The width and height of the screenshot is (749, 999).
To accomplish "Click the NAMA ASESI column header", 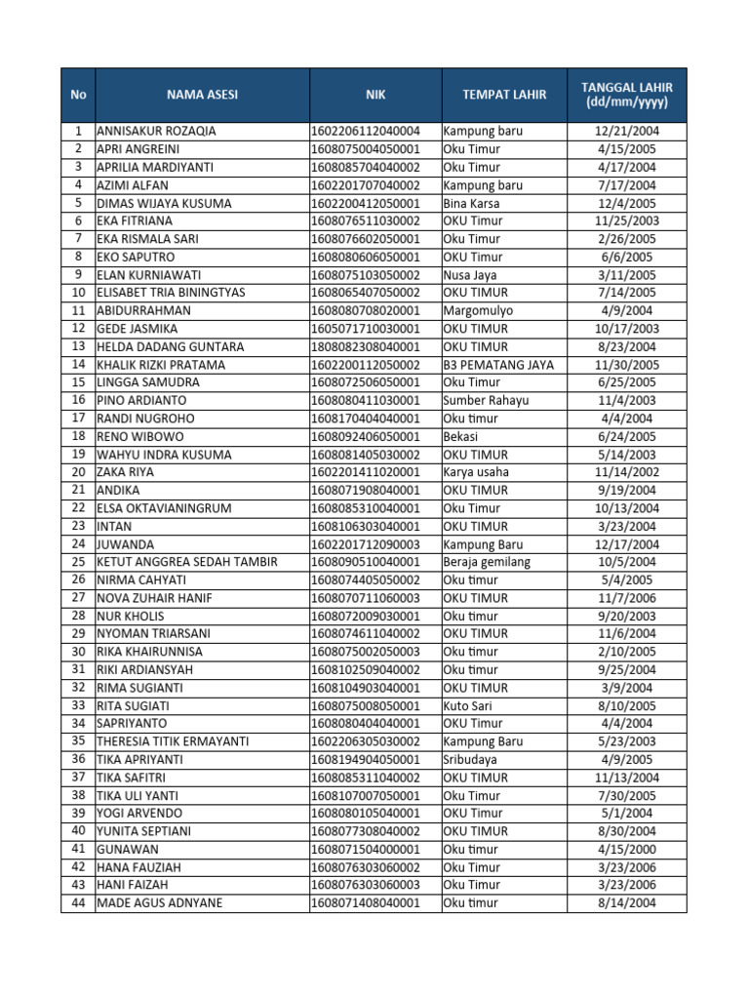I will pyautogui.click(x=202, y=95).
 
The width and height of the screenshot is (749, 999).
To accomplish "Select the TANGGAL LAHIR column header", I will pyautogui.click(x=627, y=95).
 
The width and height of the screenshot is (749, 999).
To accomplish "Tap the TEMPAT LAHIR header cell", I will pyautogui.click(x=504, y=95).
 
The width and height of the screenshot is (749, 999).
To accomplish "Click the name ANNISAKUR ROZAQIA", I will pyautogui.click(x=157, y=131).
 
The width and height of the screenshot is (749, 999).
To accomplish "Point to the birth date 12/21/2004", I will pyautogui.click(x=627, y=131).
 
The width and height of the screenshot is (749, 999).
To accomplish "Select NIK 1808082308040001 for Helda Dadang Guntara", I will pyautogui.click(x=365, y=346).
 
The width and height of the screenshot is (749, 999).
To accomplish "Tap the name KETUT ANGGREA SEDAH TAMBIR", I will pyautogui.click(x=187, y=562).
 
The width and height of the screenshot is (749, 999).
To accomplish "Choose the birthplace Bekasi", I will pyautogui.click(x=462, y=436).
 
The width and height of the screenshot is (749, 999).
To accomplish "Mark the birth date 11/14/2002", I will pyautogui.click(x=627, y=472).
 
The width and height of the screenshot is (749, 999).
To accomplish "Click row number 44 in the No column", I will pyautogui.click(x=78, y=903).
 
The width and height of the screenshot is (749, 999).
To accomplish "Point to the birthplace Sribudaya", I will pyautogui.click(x=469, y=759).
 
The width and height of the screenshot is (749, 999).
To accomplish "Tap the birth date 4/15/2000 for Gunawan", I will pyautogui.click(x=627, y=849).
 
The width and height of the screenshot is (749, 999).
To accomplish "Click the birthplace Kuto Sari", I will pyautogui.click(x=468, y=705).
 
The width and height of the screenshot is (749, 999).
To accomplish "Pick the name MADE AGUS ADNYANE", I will pyautogui.click(x=159, y=903).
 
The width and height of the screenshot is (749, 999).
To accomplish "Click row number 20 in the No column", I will pyautogui.click(x=78, y=472).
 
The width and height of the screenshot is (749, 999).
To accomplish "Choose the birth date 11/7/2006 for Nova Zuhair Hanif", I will pyautogui.click(x=627, y=598).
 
